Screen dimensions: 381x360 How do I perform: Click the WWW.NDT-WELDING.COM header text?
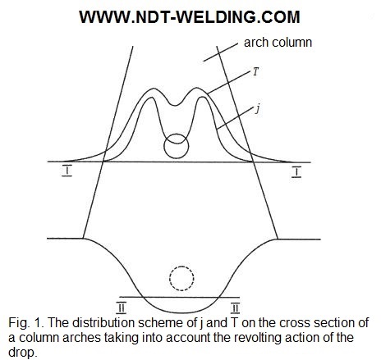[x=190, y=17]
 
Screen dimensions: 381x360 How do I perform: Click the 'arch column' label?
[x=278, y=43]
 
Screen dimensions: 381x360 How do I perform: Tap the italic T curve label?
[x=255, y=72]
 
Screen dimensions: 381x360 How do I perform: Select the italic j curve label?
[x=257, y=110]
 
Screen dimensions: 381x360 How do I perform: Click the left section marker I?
[x=67, y=171]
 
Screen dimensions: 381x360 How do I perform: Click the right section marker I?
[x=296, y=171]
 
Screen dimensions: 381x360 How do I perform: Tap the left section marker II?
[x=122, y=308]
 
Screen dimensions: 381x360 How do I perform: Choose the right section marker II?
[x=235, y=308]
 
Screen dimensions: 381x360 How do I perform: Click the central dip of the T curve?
[x=176, y=106]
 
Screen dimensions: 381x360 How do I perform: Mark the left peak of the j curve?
[x=150, y=98]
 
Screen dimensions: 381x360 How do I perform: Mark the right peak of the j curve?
[x=202, y=98]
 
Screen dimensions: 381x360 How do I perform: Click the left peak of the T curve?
[x=154, y=89]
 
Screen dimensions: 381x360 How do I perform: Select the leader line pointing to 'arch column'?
[x=221, y=52]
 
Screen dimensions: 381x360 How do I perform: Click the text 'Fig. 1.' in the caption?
[x=26, y=323]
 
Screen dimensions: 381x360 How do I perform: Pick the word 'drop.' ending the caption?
[x=22, y=353]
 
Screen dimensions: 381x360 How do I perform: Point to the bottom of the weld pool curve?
[x=181, y=312]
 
